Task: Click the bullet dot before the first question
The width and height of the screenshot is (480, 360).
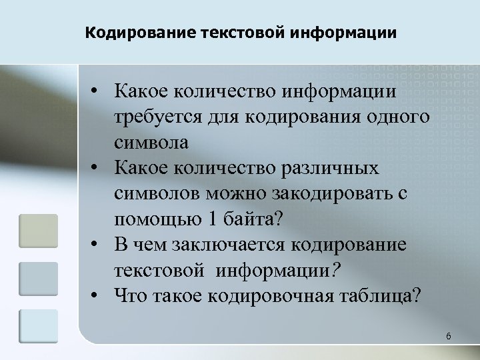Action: coord(97,89)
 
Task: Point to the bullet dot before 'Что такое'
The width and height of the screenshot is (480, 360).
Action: coord(97,294)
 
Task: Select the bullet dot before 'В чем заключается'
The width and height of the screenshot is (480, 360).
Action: coord(97,243)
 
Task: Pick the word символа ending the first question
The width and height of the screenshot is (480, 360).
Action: coord(151,141)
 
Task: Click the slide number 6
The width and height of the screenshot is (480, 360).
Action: coord(449,337)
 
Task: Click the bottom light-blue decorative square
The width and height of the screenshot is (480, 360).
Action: coord(38,325)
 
